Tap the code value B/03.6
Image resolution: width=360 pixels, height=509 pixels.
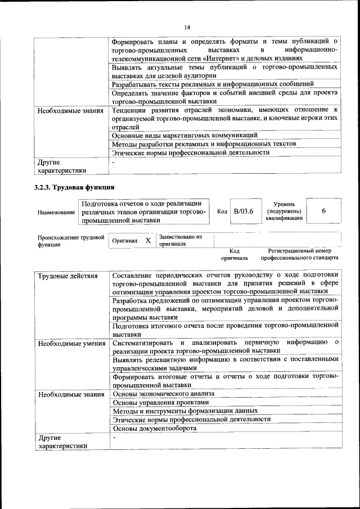pyautogui.click(x=244, y=211)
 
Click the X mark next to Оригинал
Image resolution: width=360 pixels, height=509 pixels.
pyautogui.click(x=148, y=240)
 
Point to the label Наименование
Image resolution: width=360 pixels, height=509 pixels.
pyautogui.click(x=56, y=212)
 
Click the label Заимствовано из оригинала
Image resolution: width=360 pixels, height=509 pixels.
pyautogui.click(x=180, y=240)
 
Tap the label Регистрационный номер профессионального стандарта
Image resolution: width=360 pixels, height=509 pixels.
pyautogui.click(x=299, y=254)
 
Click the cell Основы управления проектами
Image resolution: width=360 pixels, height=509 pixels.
pyautogui.click(x=160, y=403)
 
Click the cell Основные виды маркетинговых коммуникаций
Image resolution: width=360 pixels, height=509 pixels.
pyautogui.click(x=185, y=136)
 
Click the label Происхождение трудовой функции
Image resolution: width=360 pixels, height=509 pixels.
pyautogui.click(x=71, y=241)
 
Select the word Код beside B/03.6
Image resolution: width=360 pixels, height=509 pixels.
pyautogui.click(x=222, y=211)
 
